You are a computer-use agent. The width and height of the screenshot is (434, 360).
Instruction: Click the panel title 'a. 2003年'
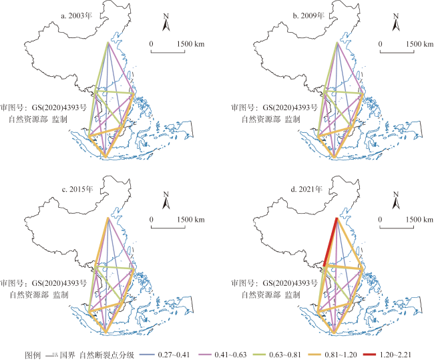pyautogui.click(x=77, y=16)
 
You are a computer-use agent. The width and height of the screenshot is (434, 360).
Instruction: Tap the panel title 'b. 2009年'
pyautogui.click(x=309, y=16)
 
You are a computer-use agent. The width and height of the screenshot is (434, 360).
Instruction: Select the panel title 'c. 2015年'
pyautogui.click(x=77, y=190)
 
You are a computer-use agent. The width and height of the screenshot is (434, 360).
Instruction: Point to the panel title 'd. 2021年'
pyautogui.click(x=306, y=190)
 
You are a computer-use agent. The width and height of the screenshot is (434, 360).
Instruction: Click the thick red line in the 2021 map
pyautogui.click(x=331, y=242)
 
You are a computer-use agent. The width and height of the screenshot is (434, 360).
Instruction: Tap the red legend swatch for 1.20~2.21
pyautogui.click(x=370, y=355)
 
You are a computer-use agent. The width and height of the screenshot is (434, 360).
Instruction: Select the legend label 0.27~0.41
pyautogui.click(x=174, y=355)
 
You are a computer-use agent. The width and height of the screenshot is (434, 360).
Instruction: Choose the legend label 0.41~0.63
pyautogui.click(x=230, y=355)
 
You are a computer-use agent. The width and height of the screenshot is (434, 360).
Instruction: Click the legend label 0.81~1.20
pyautogui.click(x=341, y=355)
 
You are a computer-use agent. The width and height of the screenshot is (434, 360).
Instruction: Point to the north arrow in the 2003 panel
pyautogui.click(x=166, y=22)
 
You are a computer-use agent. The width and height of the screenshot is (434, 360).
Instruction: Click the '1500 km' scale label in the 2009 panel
pyautogui.click(x=420, y=44)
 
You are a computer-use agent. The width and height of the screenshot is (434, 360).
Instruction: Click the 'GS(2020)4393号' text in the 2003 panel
pyautogui.click(x=59, y=107)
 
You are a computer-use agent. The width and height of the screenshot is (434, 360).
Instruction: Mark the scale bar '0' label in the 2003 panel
pyautogui.click(x=151, y=44)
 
